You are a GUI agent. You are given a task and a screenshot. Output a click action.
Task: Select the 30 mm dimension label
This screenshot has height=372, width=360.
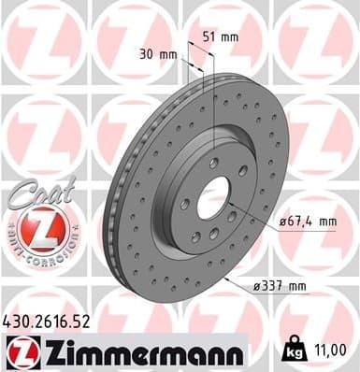coord(156,54)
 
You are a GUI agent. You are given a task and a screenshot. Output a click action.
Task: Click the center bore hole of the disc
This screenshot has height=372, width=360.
coord(213,197)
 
